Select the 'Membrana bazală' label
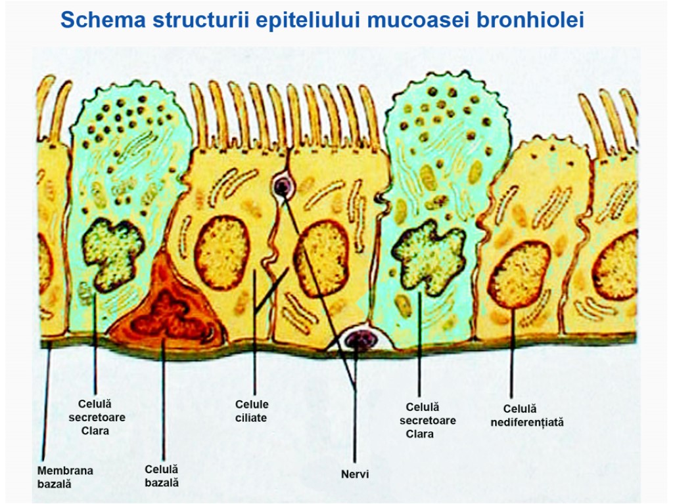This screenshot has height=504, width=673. pos(65,477)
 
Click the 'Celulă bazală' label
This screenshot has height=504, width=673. pos(162,476)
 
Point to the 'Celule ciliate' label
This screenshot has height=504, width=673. pos(252,411)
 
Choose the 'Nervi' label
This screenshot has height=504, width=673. pos(355,474)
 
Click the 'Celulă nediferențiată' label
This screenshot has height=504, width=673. pos(527,415)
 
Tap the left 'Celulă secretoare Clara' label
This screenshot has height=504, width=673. pos(97,417)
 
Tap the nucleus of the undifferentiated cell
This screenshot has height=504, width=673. pos(519,274)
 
